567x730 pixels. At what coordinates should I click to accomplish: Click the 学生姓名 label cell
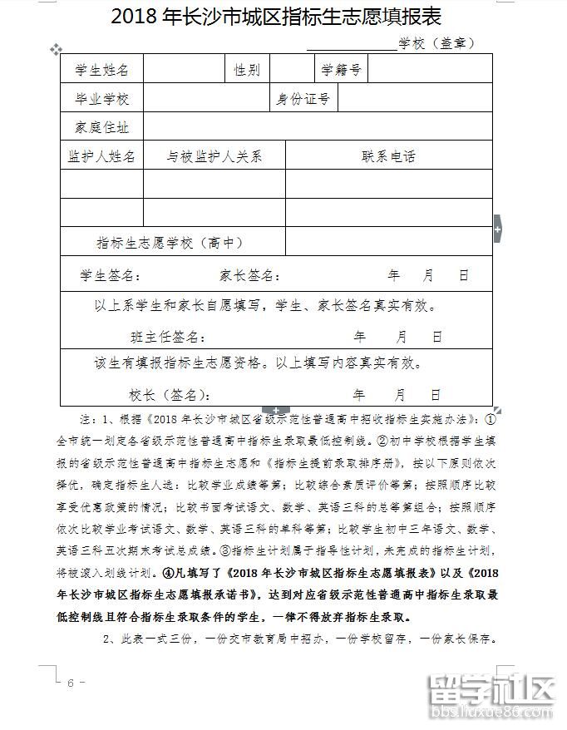click(102, 70)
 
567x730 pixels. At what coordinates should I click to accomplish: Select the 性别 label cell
click(247, 70)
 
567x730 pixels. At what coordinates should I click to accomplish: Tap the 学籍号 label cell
click(340, 70)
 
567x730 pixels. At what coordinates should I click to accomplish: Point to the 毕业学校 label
click(102, 99)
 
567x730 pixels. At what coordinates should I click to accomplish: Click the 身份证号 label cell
click(303, 99)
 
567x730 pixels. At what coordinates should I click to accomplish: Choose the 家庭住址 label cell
click(102, 127)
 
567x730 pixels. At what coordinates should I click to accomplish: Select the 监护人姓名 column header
click(102, 156)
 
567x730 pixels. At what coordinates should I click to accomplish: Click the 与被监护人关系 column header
click(214, 156)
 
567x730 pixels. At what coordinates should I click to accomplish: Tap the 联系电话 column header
click(388, 156)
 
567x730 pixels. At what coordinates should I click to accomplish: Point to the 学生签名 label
click(110, 275)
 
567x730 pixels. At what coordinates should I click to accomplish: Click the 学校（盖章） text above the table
click(436, 43)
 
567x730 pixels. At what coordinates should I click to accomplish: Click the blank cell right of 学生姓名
click(183, 70)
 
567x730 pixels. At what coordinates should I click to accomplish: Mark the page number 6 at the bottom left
click(71, 683)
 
